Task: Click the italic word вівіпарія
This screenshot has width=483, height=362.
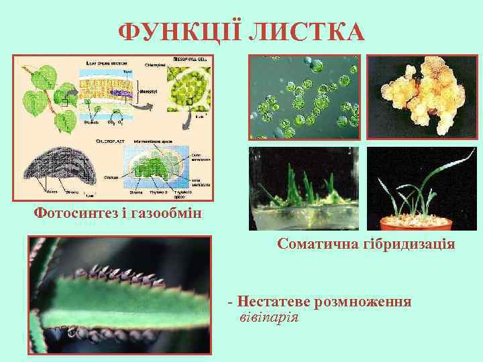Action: click(x=268, y=316)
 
